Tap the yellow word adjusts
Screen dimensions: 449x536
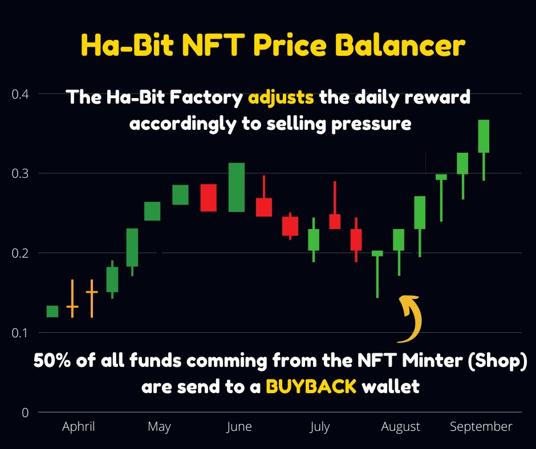coord(281,97)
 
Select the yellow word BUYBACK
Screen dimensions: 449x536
coord(311,387)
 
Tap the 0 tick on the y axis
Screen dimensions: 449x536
coord(25,412)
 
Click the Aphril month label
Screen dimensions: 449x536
coord(79,427)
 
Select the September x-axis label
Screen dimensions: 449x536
coord(481,427)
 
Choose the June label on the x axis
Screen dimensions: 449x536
coord(239,427)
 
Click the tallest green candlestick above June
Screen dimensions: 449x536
coord(237,187)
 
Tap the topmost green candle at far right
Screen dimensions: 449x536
coord(484,137)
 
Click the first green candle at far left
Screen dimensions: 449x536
coord(52,311)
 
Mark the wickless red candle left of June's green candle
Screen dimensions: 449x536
coord(208,198)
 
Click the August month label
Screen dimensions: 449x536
coord(400,427)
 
